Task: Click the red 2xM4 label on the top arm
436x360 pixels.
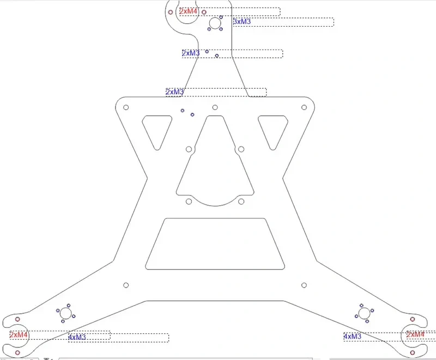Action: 189,11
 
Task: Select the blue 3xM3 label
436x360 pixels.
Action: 242,22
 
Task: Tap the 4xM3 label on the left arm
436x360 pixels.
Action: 77,337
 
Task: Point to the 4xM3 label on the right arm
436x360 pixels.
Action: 352,337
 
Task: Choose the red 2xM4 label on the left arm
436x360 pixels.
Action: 19,335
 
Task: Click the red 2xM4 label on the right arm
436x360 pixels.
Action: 415,334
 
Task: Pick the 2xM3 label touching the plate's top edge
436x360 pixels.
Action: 174,91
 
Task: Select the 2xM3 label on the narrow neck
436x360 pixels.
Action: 191,53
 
